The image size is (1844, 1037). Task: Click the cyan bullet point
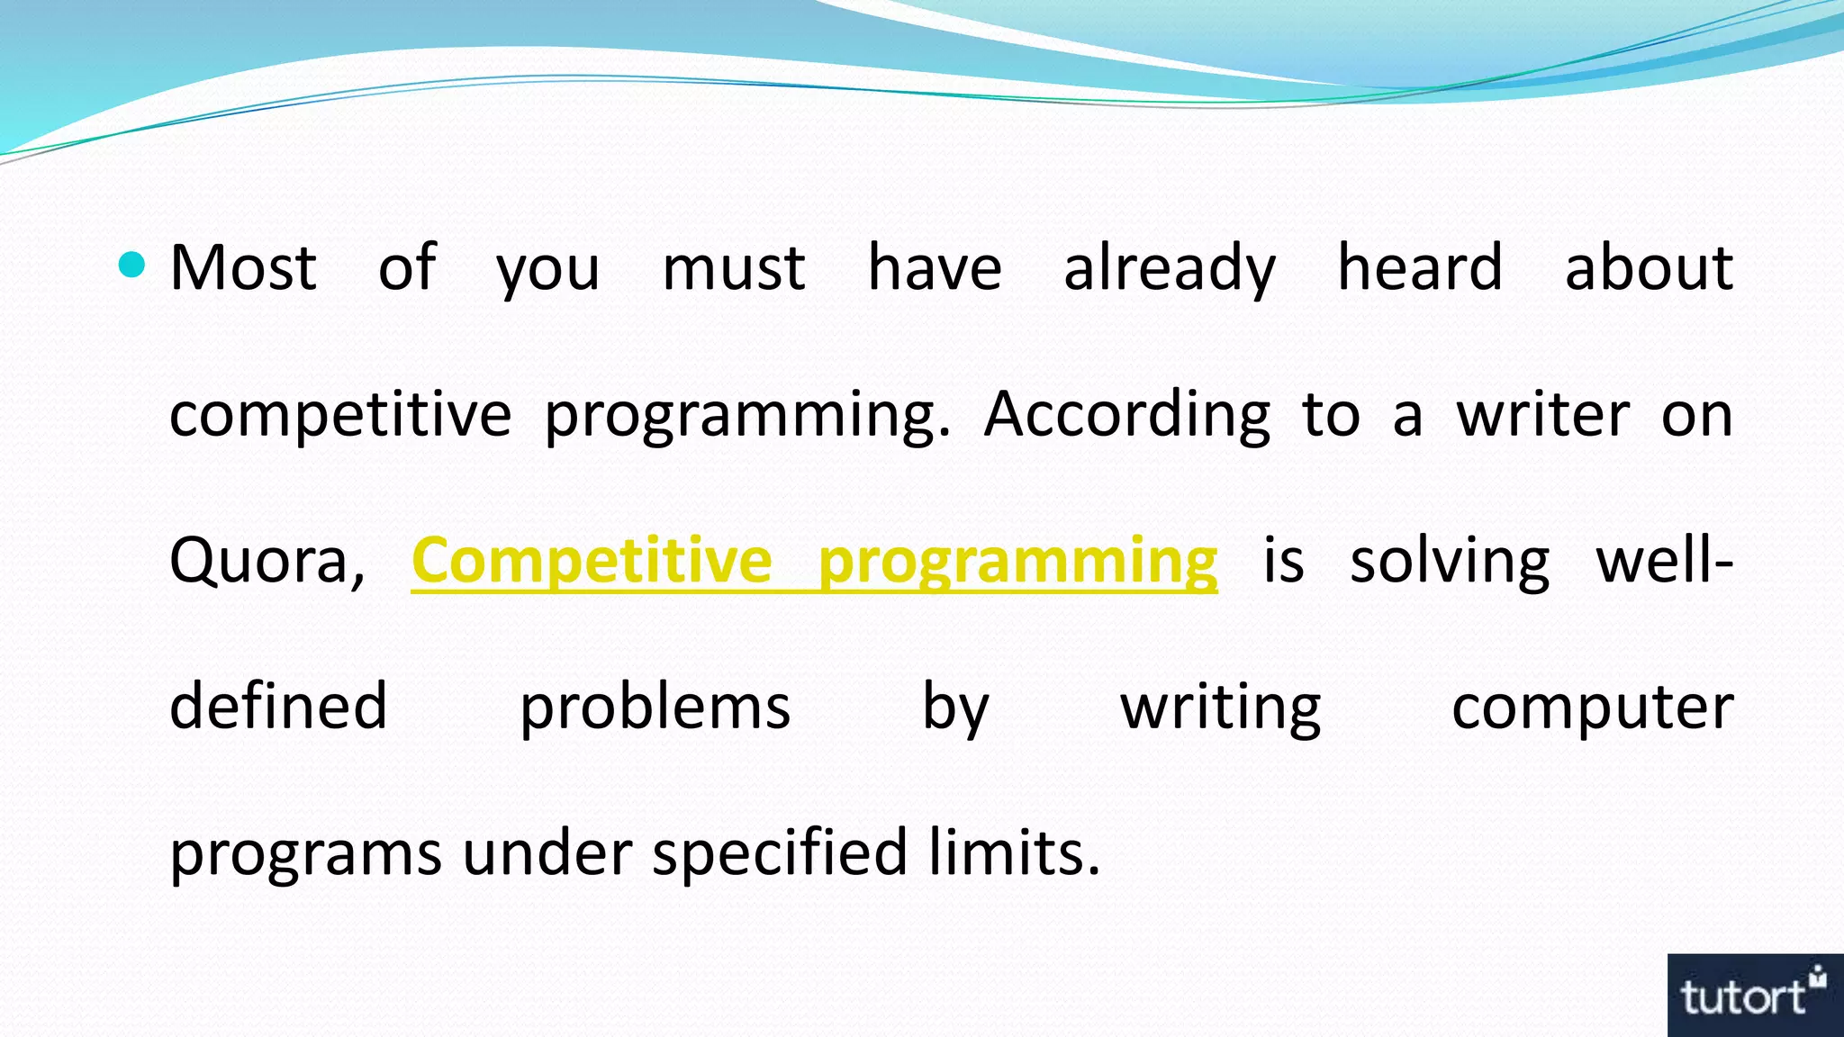point(131,266)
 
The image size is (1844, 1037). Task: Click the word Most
point(243,267)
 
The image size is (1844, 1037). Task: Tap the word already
point(1169,269)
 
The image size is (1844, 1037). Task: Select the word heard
point(1420,267)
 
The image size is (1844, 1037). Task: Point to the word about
point(1649,267)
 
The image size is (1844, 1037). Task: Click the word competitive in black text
point(340,416)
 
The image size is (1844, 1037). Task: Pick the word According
point(1126,416)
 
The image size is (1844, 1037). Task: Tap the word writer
point(1542,414)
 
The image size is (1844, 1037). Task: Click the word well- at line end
point(1664,560)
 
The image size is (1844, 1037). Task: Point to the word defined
point(278,707)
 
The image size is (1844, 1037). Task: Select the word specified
point(780,853)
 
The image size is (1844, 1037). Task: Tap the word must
point(733,269)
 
